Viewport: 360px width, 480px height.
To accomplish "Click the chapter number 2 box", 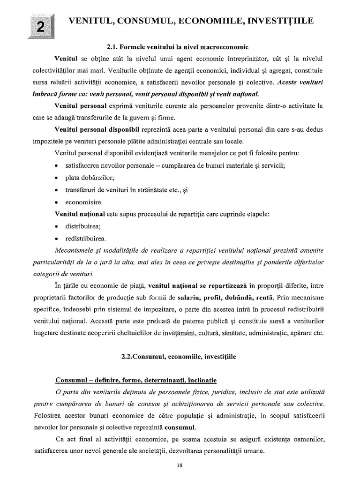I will (x=41, y=27).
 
